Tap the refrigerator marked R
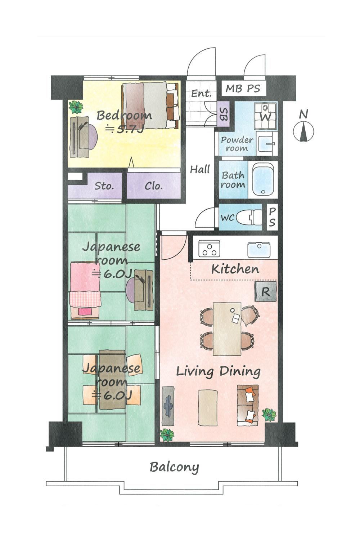pos(266,291)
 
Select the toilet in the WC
pos(249,216)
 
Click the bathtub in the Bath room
pos(263,179)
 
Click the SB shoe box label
pos(223,114)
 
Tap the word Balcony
pos(174,467)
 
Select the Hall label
pos(200,169)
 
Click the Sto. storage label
pos(104,186)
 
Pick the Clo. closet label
pos(154,186)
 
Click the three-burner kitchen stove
pos(209,249)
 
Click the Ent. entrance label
pos(201,93)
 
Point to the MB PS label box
pos(243,89)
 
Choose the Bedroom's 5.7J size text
pos(125,129)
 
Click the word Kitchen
pos(235,269)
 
